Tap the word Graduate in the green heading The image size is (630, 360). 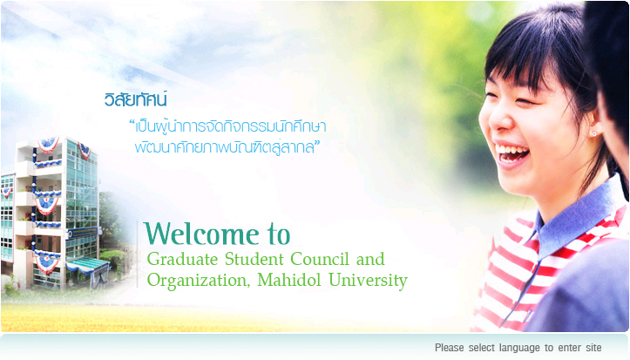click(182, 259)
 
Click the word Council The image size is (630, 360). click(320, 259)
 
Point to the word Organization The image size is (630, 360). click(199, 281)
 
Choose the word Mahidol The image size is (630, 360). click(289, 280)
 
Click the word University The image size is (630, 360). click(368, 281)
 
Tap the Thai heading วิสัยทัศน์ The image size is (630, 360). click(135, 99)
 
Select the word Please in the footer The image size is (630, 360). click(450, 348)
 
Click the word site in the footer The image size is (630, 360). click(593, 348)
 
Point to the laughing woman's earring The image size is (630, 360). click(593, 133)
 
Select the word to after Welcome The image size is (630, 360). click(278, 234)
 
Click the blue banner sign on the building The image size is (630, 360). click(83, 232)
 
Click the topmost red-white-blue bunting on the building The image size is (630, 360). click(48, 144)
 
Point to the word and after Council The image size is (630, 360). click(370, 259)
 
